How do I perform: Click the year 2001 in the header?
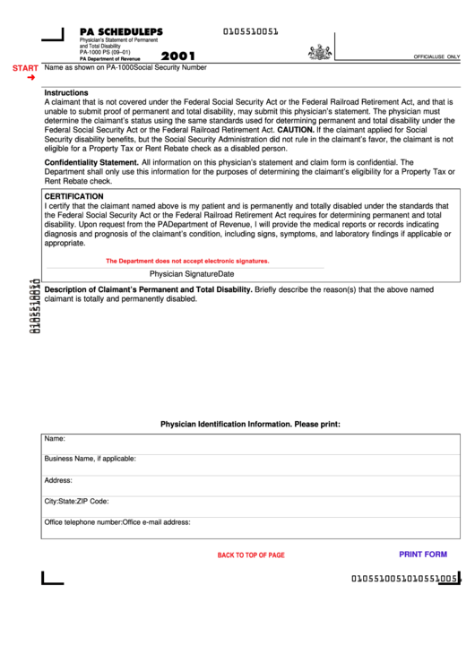[x=178, y=56]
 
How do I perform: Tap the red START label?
[x=25, y=68]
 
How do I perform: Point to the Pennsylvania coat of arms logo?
[x=319, y=52]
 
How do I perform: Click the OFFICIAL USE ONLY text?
[x=436, y=56]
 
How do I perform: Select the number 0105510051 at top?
[x=250, y=31]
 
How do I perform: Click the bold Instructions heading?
[x=66, y=92]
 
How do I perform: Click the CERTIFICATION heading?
[x=74, y=195]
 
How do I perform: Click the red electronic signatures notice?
[x=187, y=261]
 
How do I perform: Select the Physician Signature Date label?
[x=192, y=273]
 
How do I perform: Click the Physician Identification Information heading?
[x=250, y=424]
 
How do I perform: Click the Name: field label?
[x=55, y=439]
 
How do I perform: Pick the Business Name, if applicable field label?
[x=91, y=459]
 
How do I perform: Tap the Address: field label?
[x=58, y=480]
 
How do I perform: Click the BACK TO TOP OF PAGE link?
[x=251, y=555]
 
